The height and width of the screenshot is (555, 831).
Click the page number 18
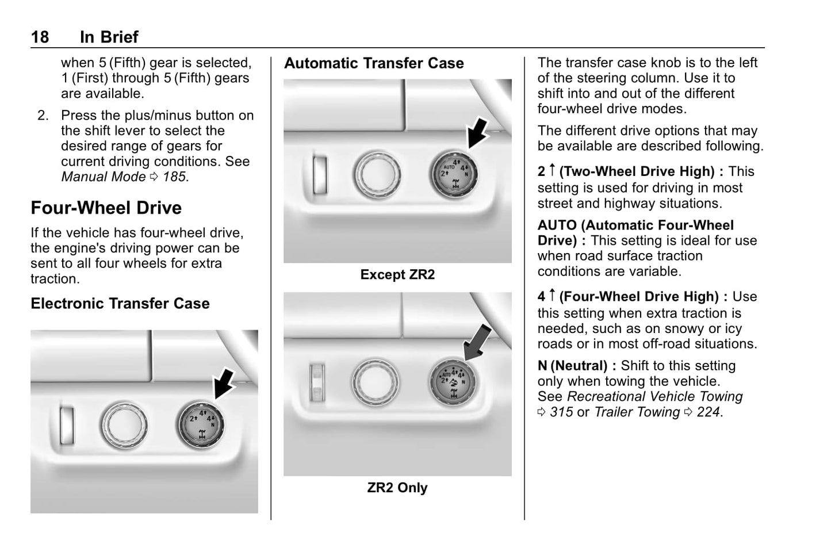(x=40, y=37)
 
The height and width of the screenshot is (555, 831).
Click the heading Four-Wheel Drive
(x=106, y=208)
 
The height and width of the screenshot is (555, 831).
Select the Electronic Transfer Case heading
(x=120, y=303)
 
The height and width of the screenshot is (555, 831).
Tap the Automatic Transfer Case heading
(x=374, y=63)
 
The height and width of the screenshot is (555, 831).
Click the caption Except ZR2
(x=397, y=274)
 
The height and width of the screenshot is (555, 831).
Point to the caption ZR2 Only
(x=397, y=487)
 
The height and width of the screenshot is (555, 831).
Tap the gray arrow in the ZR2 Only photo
(x=477, y=342)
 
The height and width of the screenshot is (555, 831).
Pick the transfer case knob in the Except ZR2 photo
(x=453, y=174)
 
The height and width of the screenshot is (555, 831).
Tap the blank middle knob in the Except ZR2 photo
(x=377, y=173)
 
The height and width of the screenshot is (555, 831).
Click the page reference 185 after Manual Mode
(x=174, y=177)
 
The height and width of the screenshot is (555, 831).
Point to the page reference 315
(x=561, y=412)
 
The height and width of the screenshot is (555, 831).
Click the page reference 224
(x=708, y=412)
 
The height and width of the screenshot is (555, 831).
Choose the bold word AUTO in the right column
(x=557, y=225)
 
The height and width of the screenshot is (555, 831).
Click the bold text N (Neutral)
(x=576, y=365)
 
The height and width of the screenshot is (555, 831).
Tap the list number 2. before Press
(x=43, y=115)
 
